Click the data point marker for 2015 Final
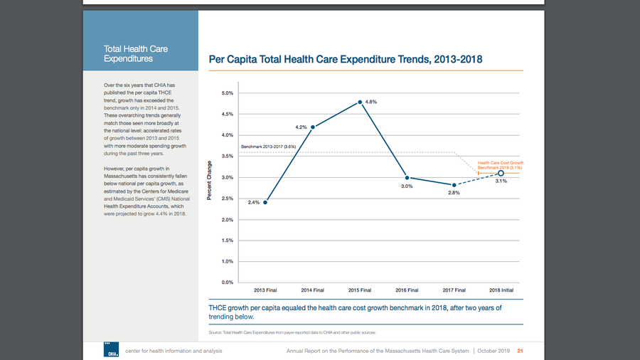click(361, 102)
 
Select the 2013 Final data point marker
click(265, 202)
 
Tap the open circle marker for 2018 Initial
click(501, 173)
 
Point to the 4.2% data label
click(300, 127)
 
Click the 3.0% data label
click(406, 186)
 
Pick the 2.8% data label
click(454, 193)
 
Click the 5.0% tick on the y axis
click(227, 93)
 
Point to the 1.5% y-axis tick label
click(227, 240)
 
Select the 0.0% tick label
click(227, 282)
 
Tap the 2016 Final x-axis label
click(407, 290)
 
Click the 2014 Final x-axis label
click(313, 290)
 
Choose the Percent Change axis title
click(210, 179)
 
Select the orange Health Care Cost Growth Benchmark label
click(500, 165)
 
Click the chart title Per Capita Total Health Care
click(345, 59)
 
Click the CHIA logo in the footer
click(112, 350)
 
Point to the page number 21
click(520, 351)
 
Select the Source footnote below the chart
click(292, 332)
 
